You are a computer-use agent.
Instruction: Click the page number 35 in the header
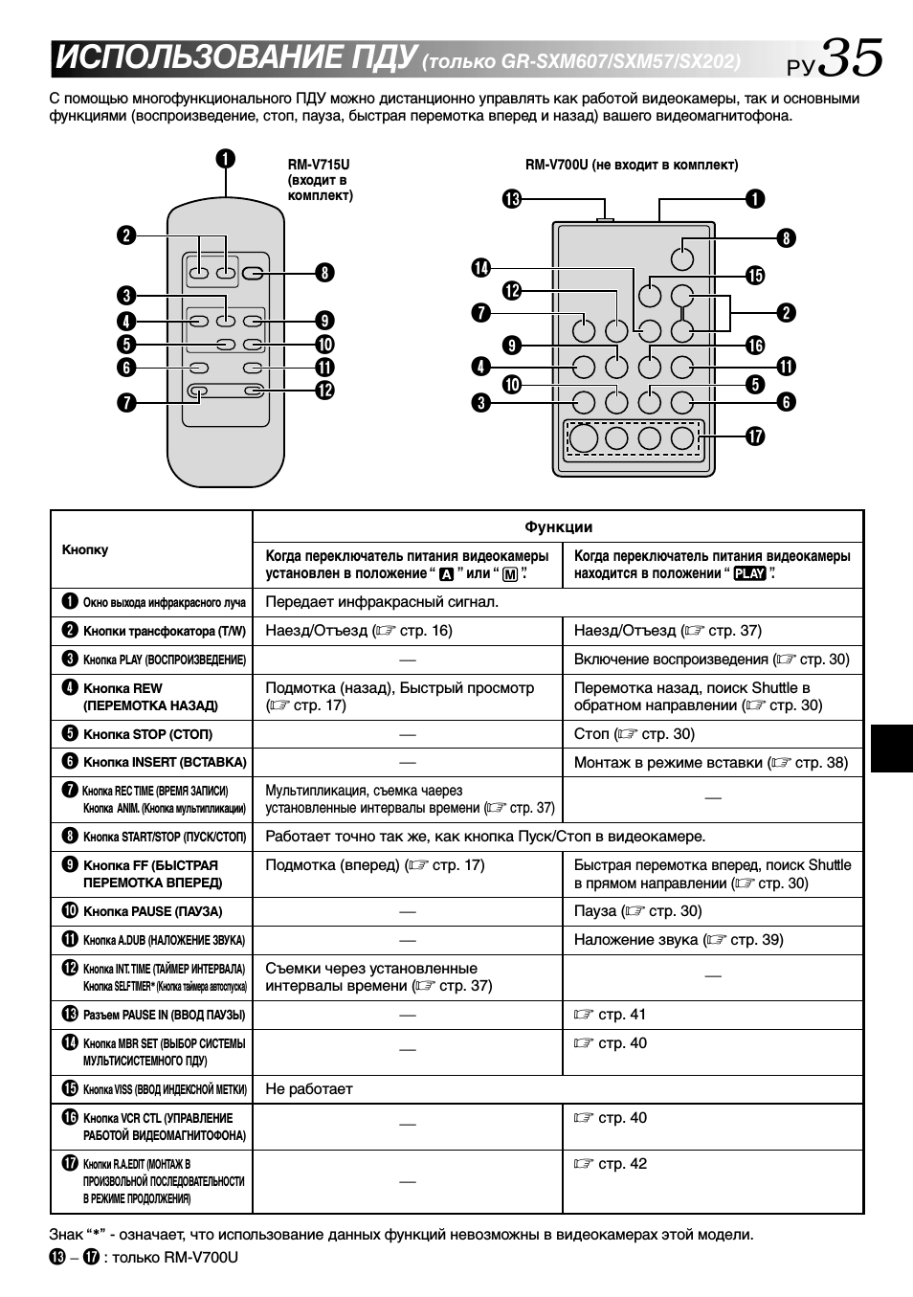click(850, 57)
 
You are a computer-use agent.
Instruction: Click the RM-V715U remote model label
click(320, 180)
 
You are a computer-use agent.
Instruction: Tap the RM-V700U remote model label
click(631, 165)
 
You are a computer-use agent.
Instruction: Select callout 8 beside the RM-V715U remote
click(325, 273)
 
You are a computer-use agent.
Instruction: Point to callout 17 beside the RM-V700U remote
click(755, 436)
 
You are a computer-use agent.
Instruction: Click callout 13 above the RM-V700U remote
click(512, 199)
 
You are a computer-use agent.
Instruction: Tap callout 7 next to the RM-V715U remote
click(126, 402)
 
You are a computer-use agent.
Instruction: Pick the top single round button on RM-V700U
click(681, 257)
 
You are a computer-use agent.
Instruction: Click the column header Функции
click(558, 526)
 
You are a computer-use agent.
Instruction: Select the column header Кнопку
click(85, 549)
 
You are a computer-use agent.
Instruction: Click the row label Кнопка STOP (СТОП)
click(147, 734)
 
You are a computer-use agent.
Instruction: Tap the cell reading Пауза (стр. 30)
click(637, 911)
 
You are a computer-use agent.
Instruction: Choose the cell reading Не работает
click(309, 1089)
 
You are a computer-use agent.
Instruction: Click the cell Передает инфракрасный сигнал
click(382, 602)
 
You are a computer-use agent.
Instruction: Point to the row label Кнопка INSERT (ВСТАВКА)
click(164, 762)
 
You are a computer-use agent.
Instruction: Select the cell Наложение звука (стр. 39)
click(679, 940)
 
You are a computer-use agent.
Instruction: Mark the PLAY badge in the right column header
click(749, 574)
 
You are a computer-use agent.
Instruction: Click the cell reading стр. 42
click(611, 1164)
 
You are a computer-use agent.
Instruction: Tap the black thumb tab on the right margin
click(892, 748)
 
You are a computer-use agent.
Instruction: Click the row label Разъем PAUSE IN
click(164, 1015)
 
